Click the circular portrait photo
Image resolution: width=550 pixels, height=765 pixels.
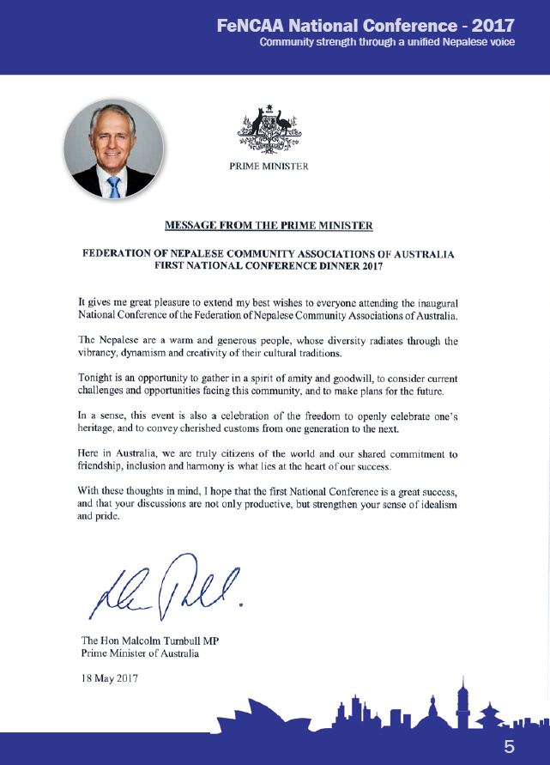coord(113,149)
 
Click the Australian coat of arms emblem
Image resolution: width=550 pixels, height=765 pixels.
coord(268,128)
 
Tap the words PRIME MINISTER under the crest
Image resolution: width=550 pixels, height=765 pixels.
coord(269,167)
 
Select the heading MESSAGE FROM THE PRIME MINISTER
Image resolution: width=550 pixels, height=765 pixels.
coord(269,226)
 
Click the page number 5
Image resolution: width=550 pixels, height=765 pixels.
coord(509,747)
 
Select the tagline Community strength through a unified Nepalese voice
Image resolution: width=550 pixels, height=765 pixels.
coord(387,42)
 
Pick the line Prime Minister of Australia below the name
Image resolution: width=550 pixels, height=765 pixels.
coord(140,653)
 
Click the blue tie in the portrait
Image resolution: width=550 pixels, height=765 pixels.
coord(113,186)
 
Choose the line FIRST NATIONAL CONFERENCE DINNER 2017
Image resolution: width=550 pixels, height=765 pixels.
coord(268,266)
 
